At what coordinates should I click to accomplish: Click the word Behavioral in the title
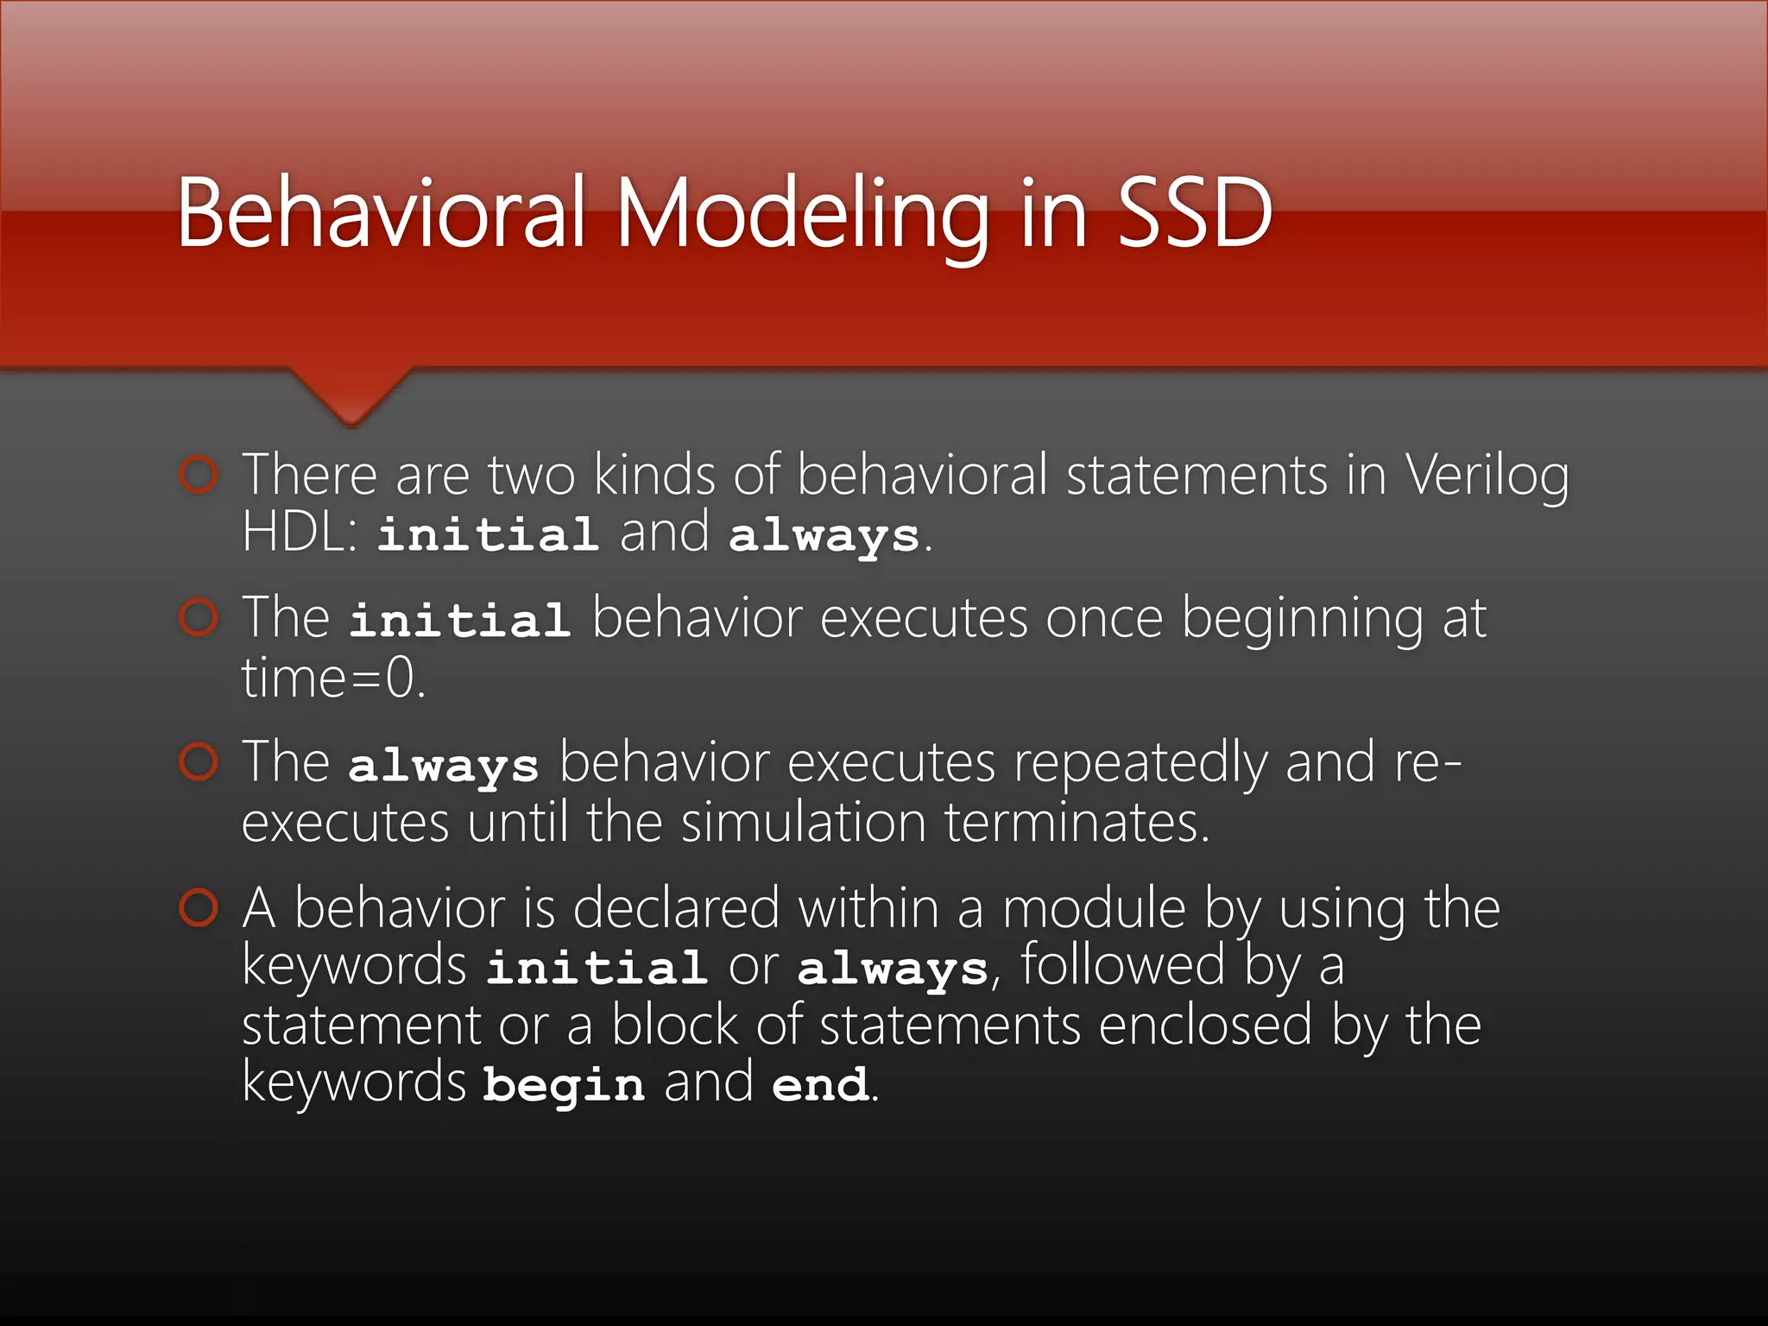point(381,213)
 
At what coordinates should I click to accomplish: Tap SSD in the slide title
point(1195,213)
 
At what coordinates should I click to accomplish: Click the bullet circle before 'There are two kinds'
point(199,475)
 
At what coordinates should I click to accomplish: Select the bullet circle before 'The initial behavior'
point(199,618)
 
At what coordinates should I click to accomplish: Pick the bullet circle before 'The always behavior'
point(199,762)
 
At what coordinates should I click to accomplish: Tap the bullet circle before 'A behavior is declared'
point(199,908)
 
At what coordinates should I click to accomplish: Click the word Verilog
point(1487,477)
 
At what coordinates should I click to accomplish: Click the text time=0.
point(333,679)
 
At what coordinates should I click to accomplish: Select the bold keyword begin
point(563,1084)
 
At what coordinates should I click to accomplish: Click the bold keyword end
point(819,1084)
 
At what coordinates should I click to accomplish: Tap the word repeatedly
point(1139,764)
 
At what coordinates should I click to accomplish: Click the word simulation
point(803,822)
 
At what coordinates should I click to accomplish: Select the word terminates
point(1077,822)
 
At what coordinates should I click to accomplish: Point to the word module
point(1094,910)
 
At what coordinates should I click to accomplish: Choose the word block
point(674,1026)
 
